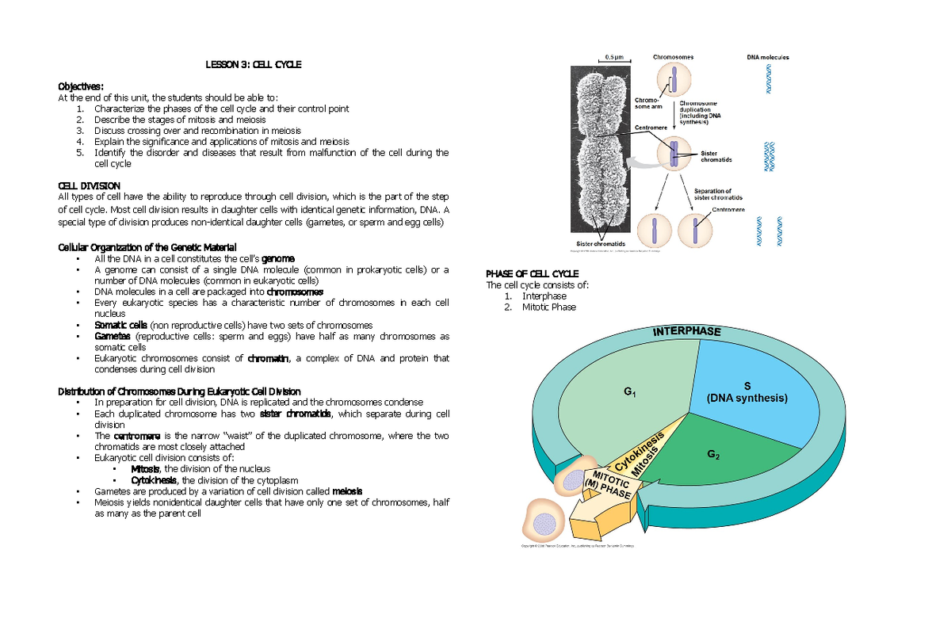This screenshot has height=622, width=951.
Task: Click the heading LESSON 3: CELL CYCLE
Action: tap(254, 64)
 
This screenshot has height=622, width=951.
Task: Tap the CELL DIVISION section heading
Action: tap(90, 185)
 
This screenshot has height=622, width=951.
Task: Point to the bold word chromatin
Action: tap(268, 358)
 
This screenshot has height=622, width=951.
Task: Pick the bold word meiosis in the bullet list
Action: tap(348, 490)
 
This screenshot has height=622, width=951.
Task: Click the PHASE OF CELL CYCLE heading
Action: tap(532, 274)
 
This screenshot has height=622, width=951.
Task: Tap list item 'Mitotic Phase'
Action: tap(548, 307)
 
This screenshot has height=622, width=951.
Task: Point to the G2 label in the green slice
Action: tap(713, 455)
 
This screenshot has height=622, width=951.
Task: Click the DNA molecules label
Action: tap(767, 57)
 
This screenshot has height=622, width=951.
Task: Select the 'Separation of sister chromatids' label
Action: tap(718, 194)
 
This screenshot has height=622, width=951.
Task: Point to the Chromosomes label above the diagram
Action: tap(673, 57)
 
